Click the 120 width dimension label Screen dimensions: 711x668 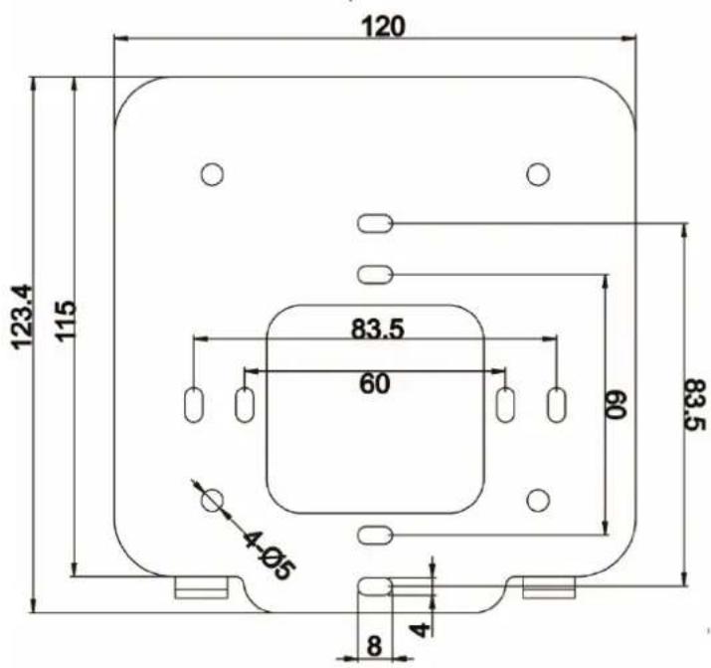pos(383,27)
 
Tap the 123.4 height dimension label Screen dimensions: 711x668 pos(22,317)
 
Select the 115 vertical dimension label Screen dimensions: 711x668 pos(65,320)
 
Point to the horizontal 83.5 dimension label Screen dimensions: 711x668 pos(377,329)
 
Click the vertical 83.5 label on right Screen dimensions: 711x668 pos(694,406)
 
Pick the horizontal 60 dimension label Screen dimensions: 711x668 pos(375,384)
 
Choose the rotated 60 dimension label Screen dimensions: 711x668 pos(616,405)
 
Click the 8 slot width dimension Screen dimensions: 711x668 pos(374,646)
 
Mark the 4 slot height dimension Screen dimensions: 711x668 pos(421,629)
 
